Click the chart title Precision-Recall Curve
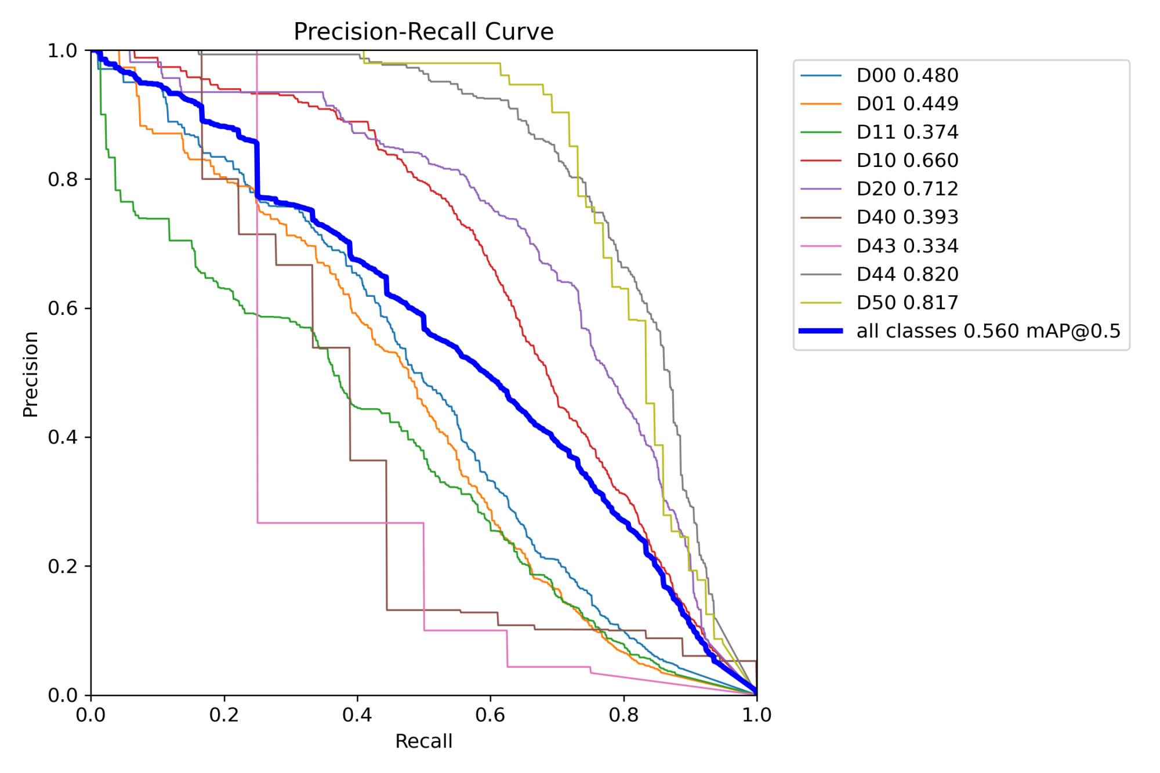tap(423, 31)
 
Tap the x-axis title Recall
tap(423, 741)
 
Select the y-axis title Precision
tap(30, 374)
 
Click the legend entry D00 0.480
tap(907, 75)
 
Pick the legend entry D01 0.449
tap(907, 104)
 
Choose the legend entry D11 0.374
tap(907, 132)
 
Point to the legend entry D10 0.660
tap(907, 161)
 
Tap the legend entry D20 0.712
tap(907, 189)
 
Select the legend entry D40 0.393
tap(907, 217)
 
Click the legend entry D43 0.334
tap(907, 246)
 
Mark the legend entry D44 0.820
tap(907, 274)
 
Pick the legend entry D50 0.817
tap(907, 303)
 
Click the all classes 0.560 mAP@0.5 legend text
tap(988, 331)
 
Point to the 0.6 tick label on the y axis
tap(62, 308)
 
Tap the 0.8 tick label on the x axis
tap(623, 715)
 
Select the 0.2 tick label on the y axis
tap(62, 566)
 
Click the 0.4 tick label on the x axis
tap(357, 715)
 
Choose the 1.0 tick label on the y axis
tap(62, 50)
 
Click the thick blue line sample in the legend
tap(821, 331)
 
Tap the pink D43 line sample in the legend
tap(821, 246)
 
